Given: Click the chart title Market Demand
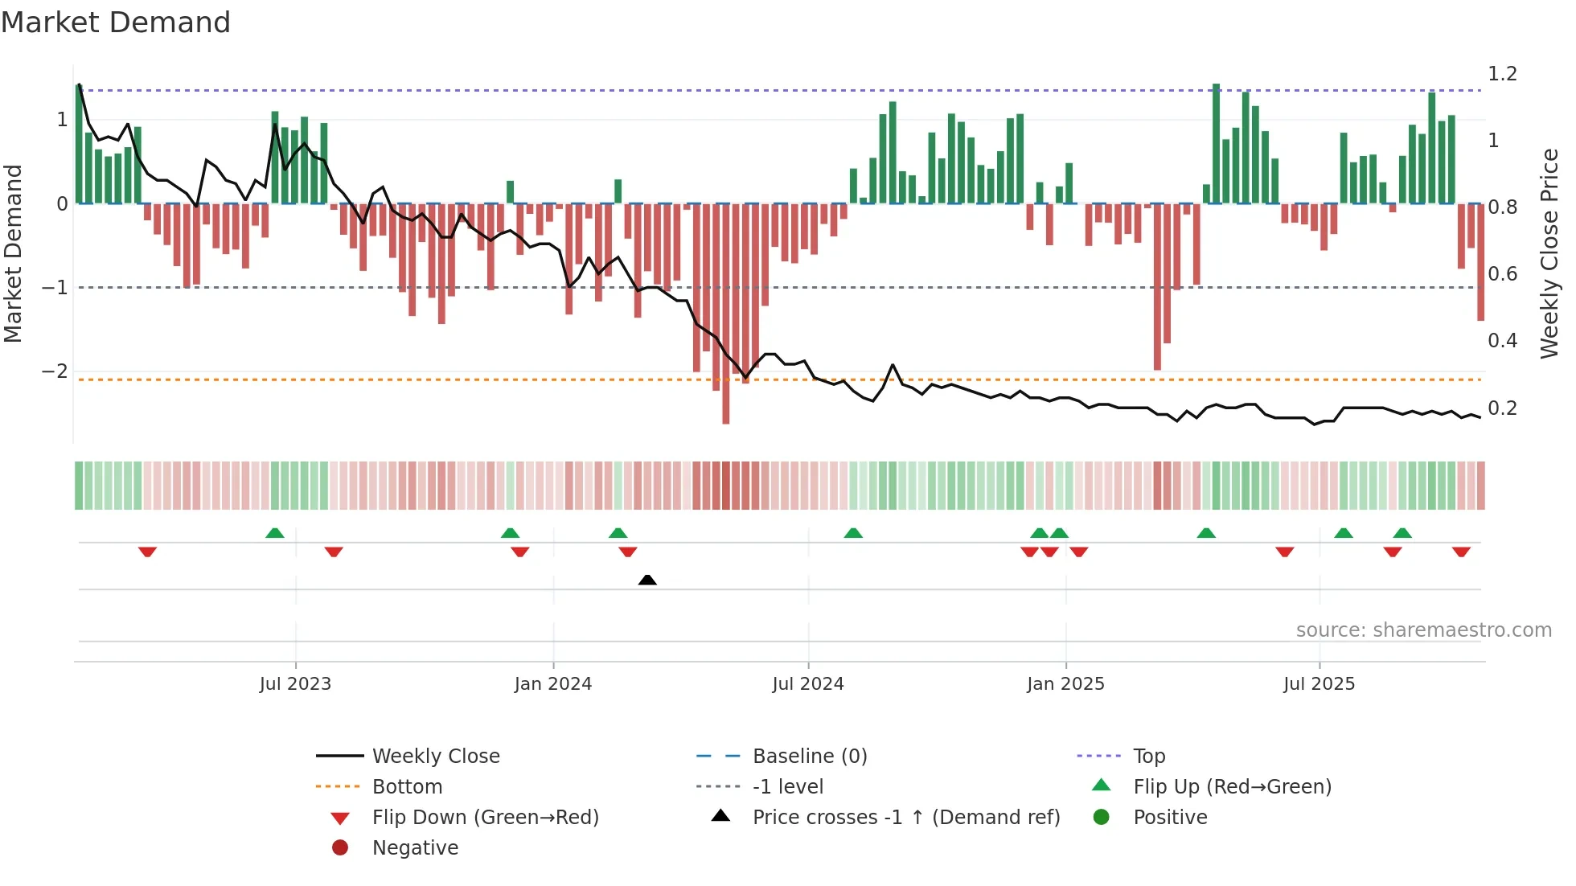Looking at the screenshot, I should coord(116,23).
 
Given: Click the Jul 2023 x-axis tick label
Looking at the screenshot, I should coord(295,684).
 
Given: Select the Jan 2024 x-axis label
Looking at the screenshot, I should coord(553,684).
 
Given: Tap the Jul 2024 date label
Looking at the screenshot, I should coord(808,684).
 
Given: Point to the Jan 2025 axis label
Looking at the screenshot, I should coord(1065,684).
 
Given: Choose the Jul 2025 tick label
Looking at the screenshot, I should coord(1319,684).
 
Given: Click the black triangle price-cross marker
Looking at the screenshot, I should coord(647,580).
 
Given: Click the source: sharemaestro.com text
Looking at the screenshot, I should coord(1423,630).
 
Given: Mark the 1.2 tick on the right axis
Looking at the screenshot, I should coord(1502,74).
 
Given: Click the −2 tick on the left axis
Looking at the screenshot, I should coord(55,371).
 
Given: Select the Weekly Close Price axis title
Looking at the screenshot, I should coord(1549,253).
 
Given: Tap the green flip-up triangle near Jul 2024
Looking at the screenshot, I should coord(853,533).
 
